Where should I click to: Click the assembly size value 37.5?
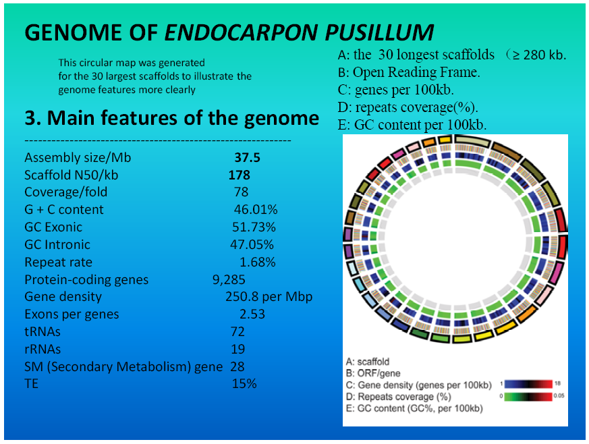click(x=247, y=157)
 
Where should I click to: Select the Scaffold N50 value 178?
click(x=240, y=175)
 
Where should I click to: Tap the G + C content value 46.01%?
click(x=256, y=209)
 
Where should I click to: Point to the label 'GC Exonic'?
click(x=53, y=227)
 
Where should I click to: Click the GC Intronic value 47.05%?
click(x=252, y=244)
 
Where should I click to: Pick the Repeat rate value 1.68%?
click(x=258, y=262)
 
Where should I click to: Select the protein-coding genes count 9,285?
click(x=229, y=279)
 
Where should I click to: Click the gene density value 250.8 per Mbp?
click(x=269, y=297)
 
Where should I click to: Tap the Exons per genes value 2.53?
click(x=252, y=314)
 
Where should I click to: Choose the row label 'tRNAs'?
click(x=43, y=332)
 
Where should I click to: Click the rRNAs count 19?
click(x=237, y=349)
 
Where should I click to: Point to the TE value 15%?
click(x=244, y=383)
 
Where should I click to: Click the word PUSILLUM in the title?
click(x=379, y=32)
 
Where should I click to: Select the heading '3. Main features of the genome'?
click(x=171, y=118)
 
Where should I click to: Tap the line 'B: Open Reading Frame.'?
click(x=409, y=72)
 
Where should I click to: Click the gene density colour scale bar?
click(x=528, y=384)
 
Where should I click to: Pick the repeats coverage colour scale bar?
click(x=528, y=396)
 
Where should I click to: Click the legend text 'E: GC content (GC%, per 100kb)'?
click(x=414, y=408)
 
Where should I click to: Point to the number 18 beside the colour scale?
click(x=557, y=383)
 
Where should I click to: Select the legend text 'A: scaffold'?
click(x=368, y=362)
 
